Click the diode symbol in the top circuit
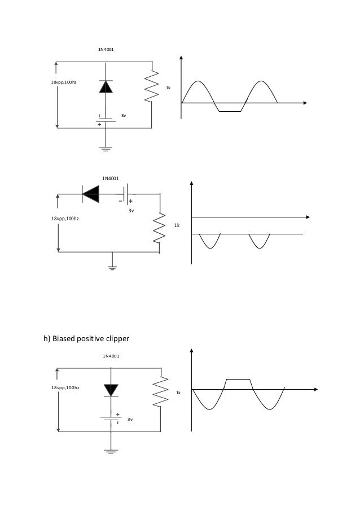[106, 86]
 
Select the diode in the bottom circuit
[111, 390]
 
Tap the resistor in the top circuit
[152, 86]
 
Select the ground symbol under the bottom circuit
[111, 451]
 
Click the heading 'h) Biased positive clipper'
[87, 339]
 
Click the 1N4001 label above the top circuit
[106, 50]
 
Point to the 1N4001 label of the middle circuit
[110, 178]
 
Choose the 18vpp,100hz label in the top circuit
[64, 82]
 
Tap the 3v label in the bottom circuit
[130, 420]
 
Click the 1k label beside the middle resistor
[177, 225]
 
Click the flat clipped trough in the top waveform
[229, 111]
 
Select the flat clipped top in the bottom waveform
[237, 379]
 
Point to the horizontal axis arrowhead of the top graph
[305, 103]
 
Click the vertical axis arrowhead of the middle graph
[192, 184]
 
